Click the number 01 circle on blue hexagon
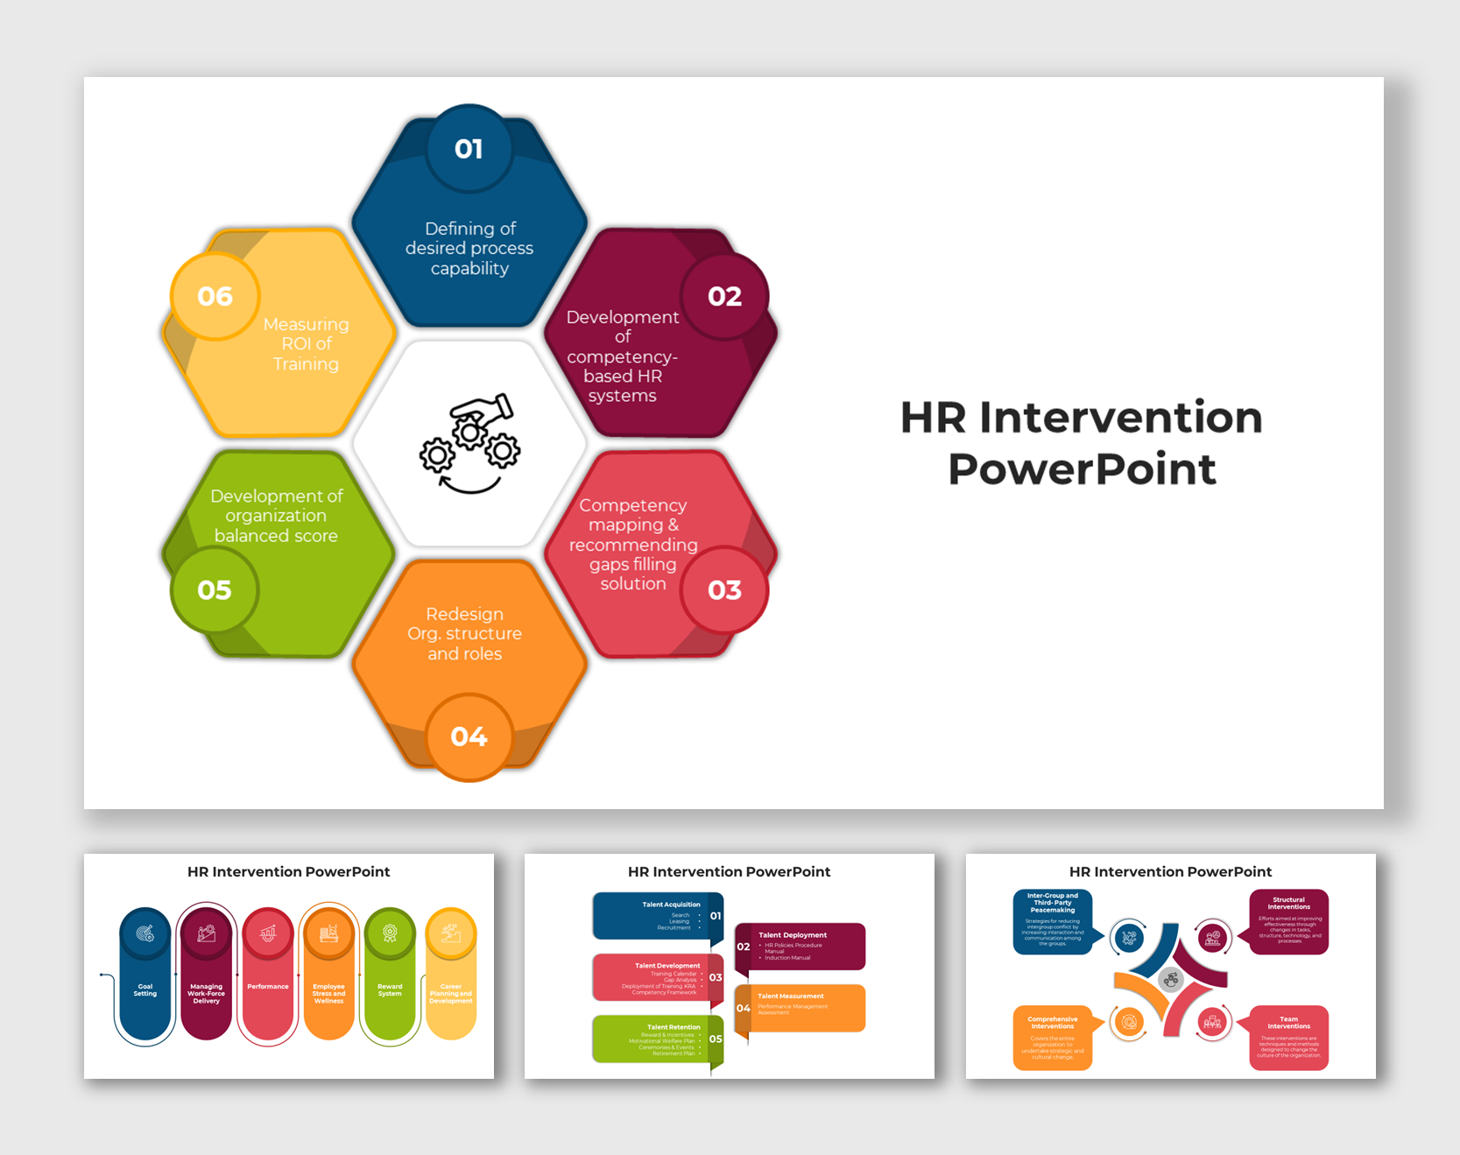pyautogui.click(x=469, y=149)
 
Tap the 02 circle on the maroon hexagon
pyautogui.click(x=724, y=297)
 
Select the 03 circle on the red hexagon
pyautogui.click(x=724, y=590)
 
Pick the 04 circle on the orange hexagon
pyautogui.click(x=469, y=736)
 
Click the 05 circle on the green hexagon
pyautogui.click(x=215, y=590)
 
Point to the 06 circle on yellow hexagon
pyautogui.click(x=215, y=297)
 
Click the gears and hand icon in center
pyautogui.click(x=470, y=443)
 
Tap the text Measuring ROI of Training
pyautogui.click(x=306, y=344)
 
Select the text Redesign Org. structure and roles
pyautogui.click(x=465, y=634)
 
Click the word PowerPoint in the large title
pyautogui.click(x=1082, y=469)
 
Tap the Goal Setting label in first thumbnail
pyautogui.click(x=145, y=990)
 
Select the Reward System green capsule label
pyautogui.click(x=390, y=990)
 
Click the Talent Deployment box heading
pyautogui.click(x=792, y=935)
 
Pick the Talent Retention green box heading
pyautogui.click(x=673, y=1027)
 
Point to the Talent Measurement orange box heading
pyautogui.click(x=790, y=997)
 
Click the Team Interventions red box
pyautogui.click(x=1288, y=1038)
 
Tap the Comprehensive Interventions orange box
pyautogui.click(x=1053, y=1038)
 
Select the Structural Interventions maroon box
pyautogui.click(x=1288, y=921)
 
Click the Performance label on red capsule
pyautogui.click(x=268, y=987)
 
